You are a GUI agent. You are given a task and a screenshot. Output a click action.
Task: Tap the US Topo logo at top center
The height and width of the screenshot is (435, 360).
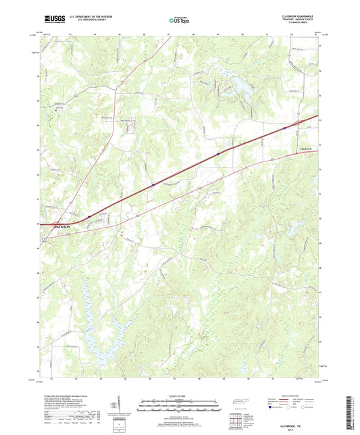179,21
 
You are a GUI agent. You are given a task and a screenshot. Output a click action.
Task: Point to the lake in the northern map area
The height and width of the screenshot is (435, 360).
238,84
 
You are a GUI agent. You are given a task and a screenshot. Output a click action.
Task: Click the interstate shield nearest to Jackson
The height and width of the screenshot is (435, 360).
88,216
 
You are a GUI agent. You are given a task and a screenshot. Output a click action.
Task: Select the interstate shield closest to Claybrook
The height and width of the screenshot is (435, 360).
284,126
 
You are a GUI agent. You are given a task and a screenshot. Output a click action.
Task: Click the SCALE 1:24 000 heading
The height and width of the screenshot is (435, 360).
179,396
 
